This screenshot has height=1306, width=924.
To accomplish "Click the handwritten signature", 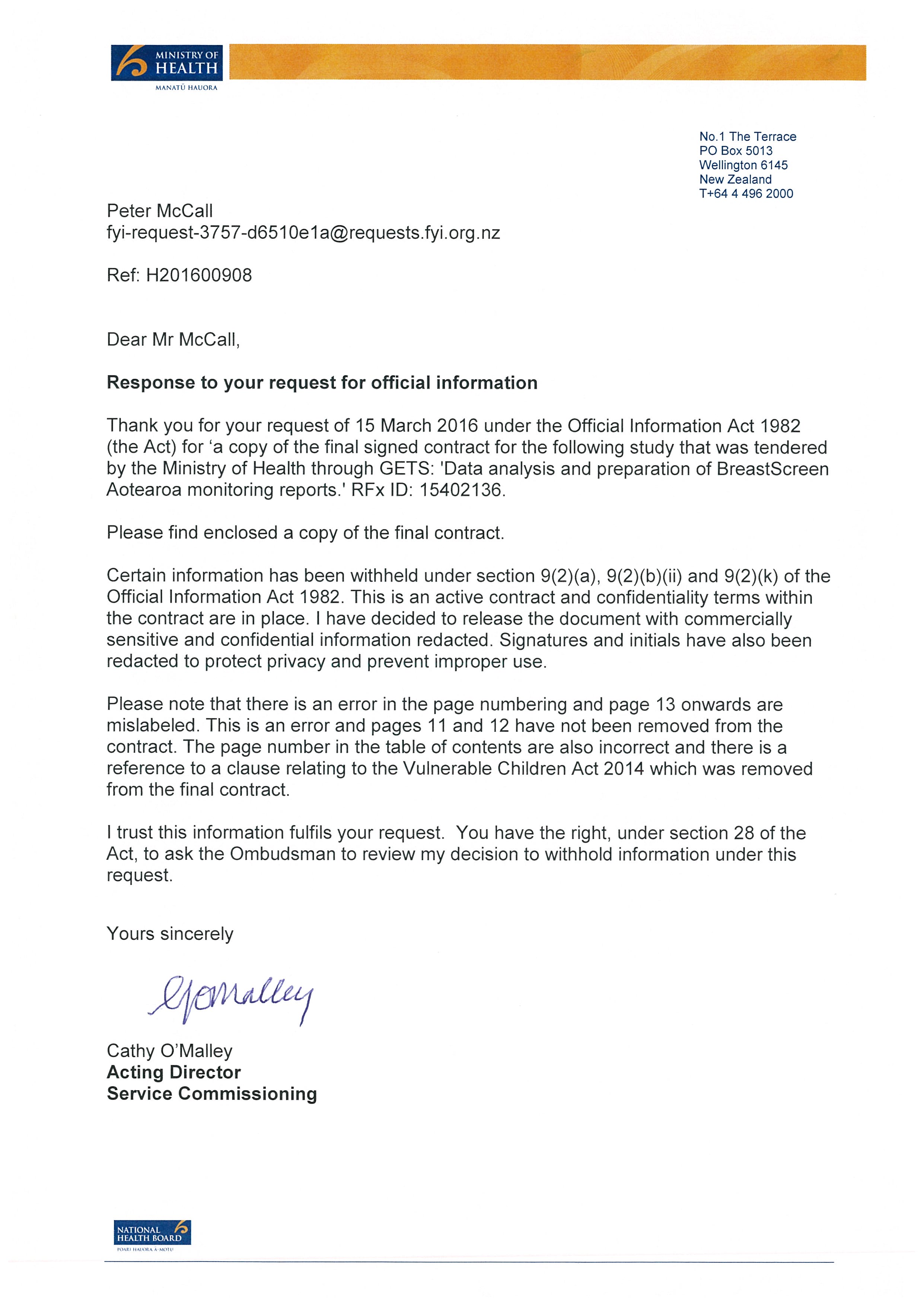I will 230,998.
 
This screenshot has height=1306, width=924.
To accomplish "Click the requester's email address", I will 303,233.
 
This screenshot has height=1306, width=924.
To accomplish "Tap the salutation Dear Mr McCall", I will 173,340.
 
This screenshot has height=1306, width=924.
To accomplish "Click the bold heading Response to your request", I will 322,383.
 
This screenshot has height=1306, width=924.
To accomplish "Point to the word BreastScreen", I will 772,469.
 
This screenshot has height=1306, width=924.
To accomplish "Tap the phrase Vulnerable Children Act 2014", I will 523,768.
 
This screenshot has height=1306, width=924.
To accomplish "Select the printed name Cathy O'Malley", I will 169,1051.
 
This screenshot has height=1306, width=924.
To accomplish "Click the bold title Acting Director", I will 173,1072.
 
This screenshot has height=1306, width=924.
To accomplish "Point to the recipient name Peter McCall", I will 159,211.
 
